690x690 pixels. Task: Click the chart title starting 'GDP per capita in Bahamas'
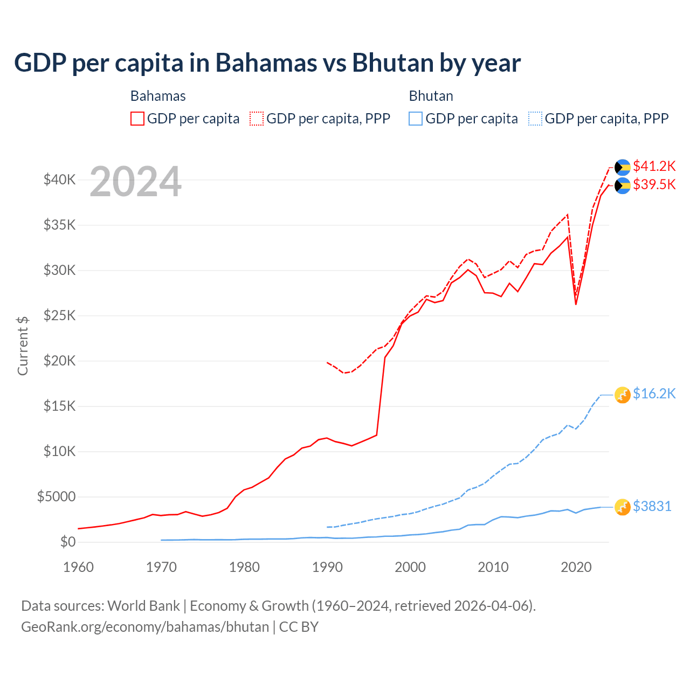tap(267, 63)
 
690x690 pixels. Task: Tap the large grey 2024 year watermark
tap(135, 182)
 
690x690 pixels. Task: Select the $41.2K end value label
tap(654, 166)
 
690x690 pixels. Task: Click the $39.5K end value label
tap(654, 185)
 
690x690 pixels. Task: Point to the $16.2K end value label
tap(654, 394)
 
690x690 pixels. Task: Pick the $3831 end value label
tap(652, 507)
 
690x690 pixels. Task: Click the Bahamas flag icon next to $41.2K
tap(623, 167)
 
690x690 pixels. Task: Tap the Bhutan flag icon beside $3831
tap(623, 507)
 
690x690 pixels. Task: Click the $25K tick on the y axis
tap(60, 315)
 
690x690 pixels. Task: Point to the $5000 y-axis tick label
tap(57, 496)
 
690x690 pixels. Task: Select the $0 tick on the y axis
tap(68, 542)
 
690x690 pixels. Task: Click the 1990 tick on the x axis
tap(327, 567)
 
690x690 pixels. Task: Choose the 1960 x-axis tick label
tap(79, 567)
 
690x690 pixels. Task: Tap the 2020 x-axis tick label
tap(576, 567)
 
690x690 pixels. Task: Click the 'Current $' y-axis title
tap(23, 346)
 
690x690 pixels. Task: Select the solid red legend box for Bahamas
tap(137, 119)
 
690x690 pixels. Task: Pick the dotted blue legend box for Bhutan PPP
tap(535, 119)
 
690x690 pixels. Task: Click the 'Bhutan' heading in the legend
tap(431, 96)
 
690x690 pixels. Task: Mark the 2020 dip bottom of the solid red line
tap(576, 304)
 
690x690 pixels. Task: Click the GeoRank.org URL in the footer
tap(145, 627)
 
